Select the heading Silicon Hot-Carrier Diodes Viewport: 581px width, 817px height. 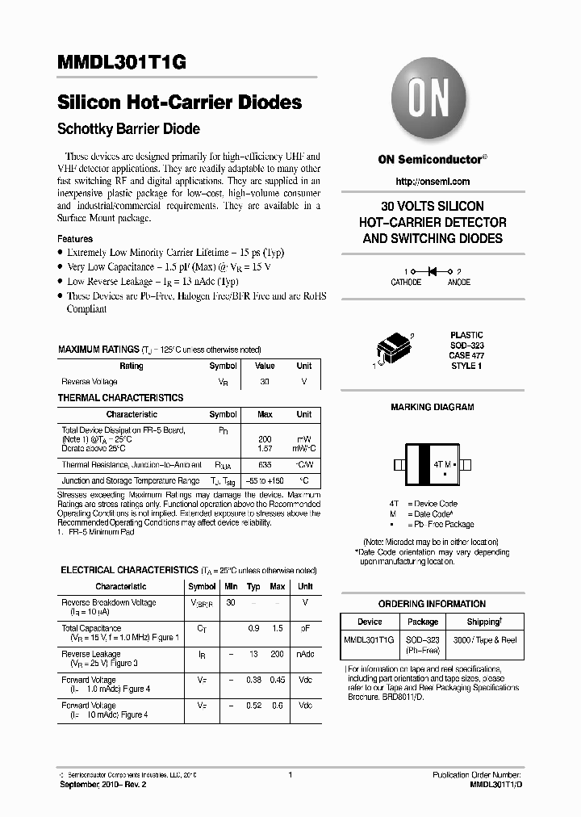180,103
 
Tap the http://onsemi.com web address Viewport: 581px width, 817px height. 433,182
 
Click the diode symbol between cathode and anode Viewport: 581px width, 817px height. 432,271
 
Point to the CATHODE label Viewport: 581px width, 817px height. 406,283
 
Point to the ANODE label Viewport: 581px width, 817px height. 458,283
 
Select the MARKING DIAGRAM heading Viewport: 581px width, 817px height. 432,408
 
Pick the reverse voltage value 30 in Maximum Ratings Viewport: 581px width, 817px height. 265,381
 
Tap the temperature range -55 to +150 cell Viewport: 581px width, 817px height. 265,480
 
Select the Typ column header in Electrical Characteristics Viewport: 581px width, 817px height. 253,586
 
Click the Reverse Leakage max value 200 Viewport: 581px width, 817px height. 278,654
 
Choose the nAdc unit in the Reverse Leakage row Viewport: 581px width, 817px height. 305,654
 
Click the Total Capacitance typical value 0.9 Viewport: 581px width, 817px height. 253,628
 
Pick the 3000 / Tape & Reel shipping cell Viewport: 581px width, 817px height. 484,639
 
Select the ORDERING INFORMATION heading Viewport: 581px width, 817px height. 432,604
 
